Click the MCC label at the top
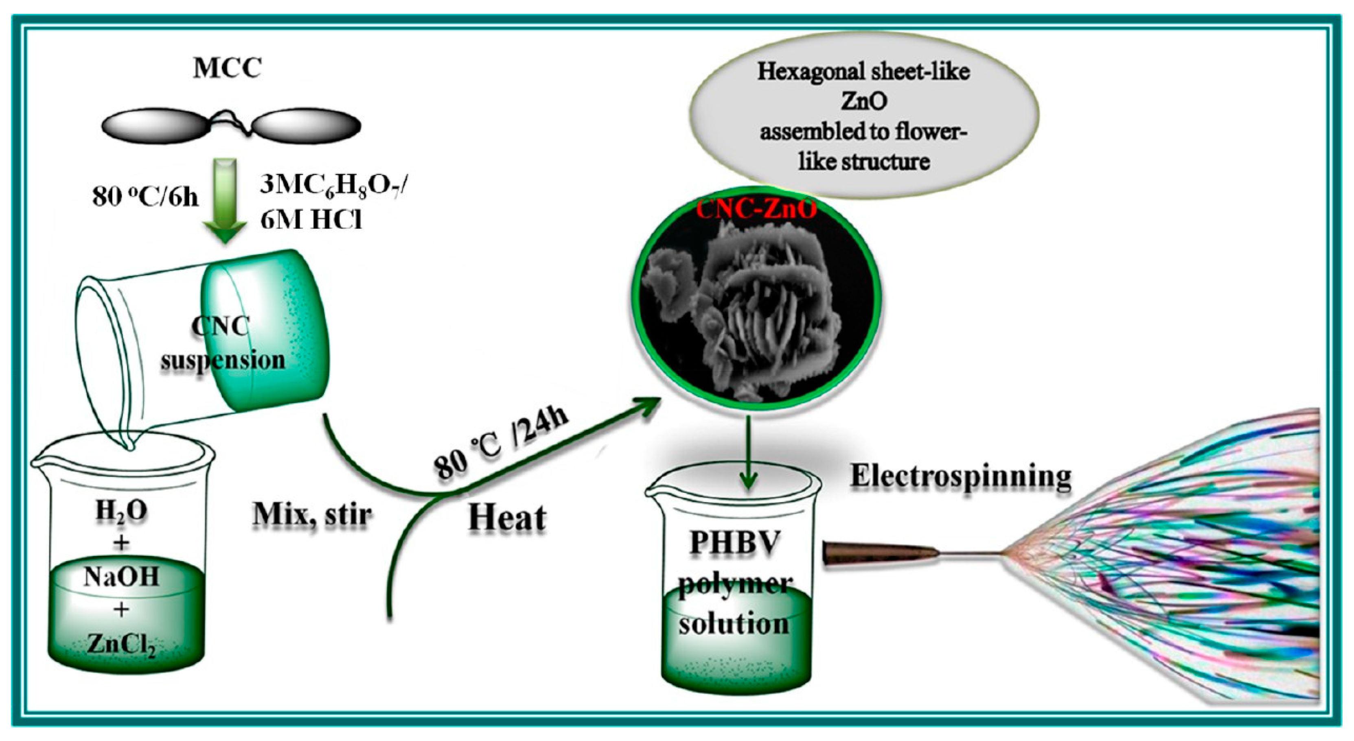[x=227, y=68]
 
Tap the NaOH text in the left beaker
[x=121, y=577]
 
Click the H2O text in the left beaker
[x=121, y=511]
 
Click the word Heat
[x=507, y=518]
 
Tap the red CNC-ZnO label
[x=757, y=211]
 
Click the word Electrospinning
[x=961, y=477]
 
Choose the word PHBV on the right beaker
[x=734, y=543]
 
